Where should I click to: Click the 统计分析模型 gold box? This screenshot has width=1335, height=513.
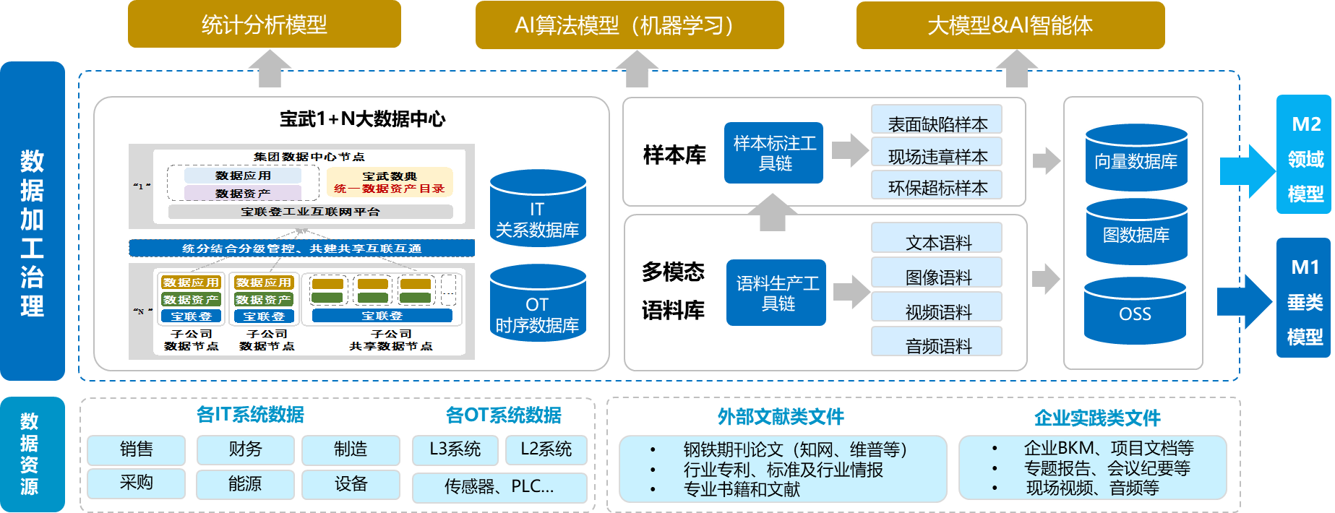[265, 25]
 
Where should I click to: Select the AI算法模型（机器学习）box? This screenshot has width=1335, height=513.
[629, 25]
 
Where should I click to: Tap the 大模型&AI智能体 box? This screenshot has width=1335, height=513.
[1010, 25]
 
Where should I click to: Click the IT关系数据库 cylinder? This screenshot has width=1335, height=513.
[537, 210]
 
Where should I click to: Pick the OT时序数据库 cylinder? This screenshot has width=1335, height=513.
[537, 305]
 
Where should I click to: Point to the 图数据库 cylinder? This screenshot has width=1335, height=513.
[1136, 233]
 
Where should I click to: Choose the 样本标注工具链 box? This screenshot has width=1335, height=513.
[774, 153]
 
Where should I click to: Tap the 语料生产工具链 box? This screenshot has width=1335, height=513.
[777, 293]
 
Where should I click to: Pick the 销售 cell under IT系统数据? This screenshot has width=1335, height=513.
[136, 449]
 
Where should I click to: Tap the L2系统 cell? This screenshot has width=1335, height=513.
[546, 449]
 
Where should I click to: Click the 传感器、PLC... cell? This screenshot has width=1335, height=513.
[499, 487]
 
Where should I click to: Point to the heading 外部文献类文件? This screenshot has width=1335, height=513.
[781, 417]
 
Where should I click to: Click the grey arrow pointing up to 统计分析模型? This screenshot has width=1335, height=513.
[269, 69]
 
